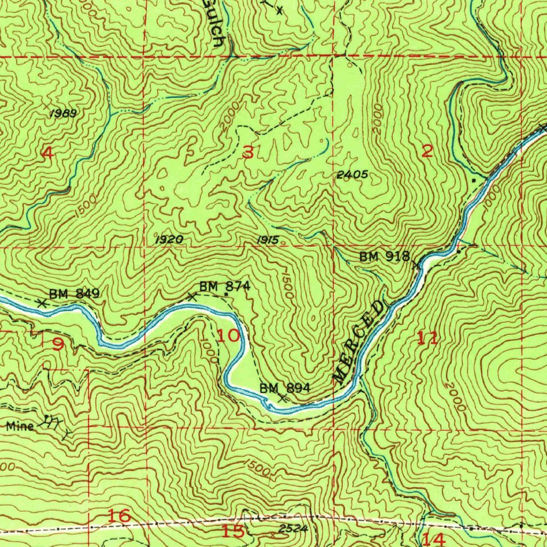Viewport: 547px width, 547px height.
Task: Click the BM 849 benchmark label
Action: coord(74,293)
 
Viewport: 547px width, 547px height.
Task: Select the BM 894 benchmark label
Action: coord(285,388)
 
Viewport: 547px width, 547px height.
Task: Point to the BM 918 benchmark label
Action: coord(384,257)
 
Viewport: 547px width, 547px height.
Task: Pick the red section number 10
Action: coord(229,336)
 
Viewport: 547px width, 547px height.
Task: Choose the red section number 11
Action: coord(428,338)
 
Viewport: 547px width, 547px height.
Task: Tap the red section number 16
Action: coord(119,516)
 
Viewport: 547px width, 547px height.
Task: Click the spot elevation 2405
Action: coord(352,175)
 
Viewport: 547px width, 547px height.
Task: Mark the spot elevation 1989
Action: coord(63,113)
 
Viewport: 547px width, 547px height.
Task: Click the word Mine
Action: coord(21,426)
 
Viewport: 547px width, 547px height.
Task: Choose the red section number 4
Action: coord(48,153)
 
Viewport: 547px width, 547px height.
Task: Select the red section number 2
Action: coord(427,151)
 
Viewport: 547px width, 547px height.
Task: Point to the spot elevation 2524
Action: coord(293,529)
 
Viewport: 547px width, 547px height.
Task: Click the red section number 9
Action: coord(58,345)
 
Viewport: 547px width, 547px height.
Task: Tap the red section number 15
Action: coord(233,531)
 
